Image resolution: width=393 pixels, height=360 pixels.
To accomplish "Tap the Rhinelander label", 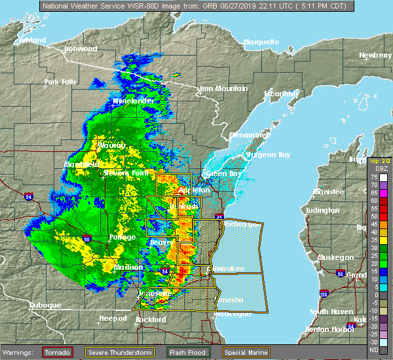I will click(x=133, y=101).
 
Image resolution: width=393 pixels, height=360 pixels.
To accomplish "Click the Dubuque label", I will click(x=45, y=305).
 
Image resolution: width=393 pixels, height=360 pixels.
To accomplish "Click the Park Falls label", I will click(x=60, y=82).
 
